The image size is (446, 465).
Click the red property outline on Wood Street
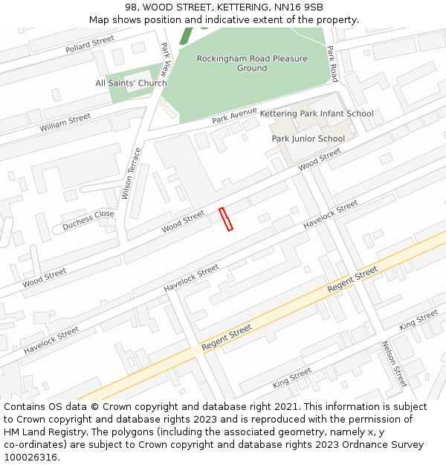coord(226,219)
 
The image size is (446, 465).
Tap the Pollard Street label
coord(90,44)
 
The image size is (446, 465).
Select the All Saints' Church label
coord(131,83)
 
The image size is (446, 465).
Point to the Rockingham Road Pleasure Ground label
coord(252,63)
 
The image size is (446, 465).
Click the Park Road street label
coord(332,63)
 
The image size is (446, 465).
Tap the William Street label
coord(65,123)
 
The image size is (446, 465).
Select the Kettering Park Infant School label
coord(316,114)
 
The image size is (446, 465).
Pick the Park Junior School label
coord(308,138)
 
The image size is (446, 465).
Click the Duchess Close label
coord(88,218)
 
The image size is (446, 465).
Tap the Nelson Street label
coord(394,364)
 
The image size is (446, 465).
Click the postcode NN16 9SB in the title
coord(301,7)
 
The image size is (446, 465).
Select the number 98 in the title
coord(129,7)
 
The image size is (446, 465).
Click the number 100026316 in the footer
coord(30,457)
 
